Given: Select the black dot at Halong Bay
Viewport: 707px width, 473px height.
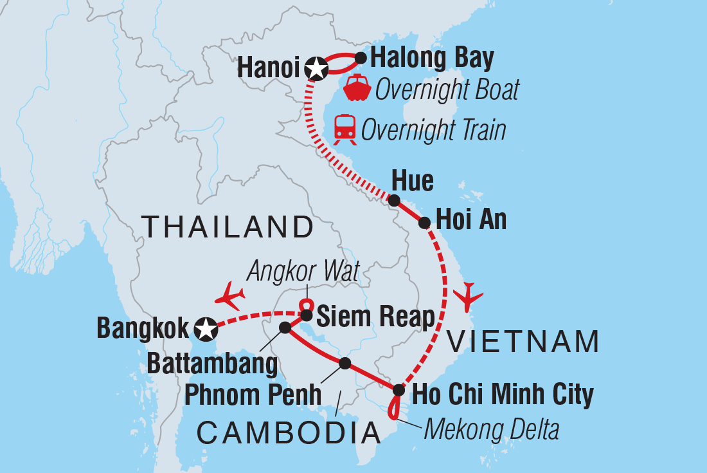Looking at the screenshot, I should click(361, 59).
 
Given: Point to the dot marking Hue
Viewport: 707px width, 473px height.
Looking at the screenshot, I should click(395, 200).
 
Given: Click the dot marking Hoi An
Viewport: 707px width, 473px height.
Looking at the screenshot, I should click(424, 223).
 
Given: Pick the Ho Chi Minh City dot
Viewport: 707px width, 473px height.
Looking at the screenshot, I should click(398, 390).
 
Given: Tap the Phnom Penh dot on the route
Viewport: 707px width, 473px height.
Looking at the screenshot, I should click(345, 364).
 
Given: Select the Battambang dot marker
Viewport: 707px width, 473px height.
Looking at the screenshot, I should click(285, 328).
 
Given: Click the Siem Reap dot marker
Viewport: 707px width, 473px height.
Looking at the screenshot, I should click(307, 315).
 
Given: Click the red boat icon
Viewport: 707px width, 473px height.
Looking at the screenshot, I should click(357, 89).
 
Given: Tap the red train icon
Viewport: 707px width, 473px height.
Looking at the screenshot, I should click(345, 129).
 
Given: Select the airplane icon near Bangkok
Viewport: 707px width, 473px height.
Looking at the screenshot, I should click(231, 297).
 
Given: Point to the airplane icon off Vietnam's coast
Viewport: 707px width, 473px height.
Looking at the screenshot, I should click(469, 297).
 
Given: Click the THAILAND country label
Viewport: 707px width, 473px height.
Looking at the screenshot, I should click(228, 227).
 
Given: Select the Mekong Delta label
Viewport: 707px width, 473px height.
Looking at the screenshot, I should click(491, 429).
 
